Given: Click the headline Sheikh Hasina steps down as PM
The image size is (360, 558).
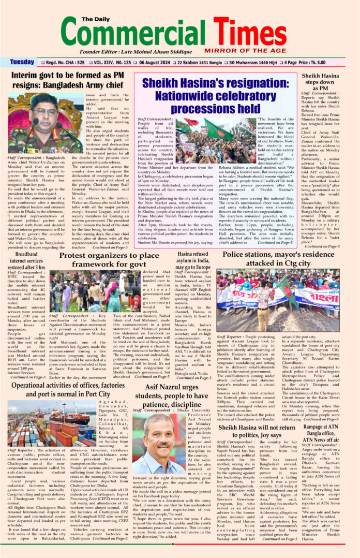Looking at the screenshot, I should (x=320, y=82).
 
